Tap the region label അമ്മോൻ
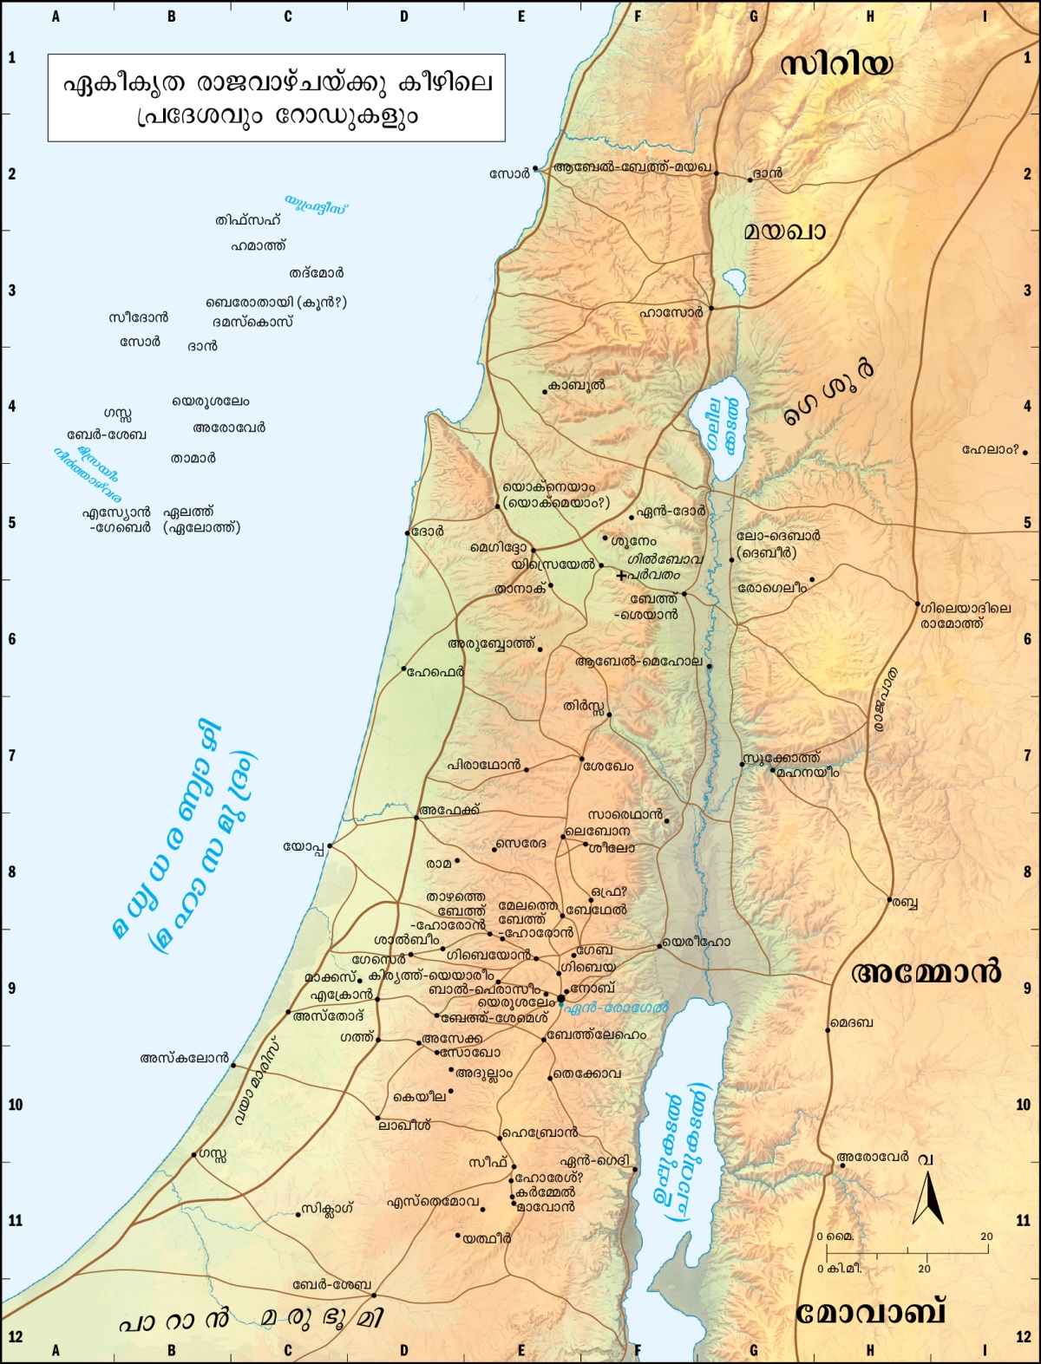coord(926,972)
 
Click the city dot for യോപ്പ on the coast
coord(331,845)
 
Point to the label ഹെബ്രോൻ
coord(540,1133)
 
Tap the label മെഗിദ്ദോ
coord(498,549)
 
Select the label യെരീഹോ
coord(697,942)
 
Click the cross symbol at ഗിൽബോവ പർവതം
coord(621,576)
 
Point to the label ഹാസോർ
coord(671,312)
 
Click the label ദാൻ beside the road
coord(768,173)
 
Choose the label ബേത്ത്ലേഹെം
coord(597,1035)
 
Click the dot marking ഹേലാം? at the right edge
coord(1025,452)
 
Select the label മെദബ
coord(853,1023)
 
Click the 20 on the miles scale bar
coord(986,1237)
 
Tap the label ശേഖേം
coord(608,767)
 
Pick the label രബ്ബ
coord(906,903)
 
